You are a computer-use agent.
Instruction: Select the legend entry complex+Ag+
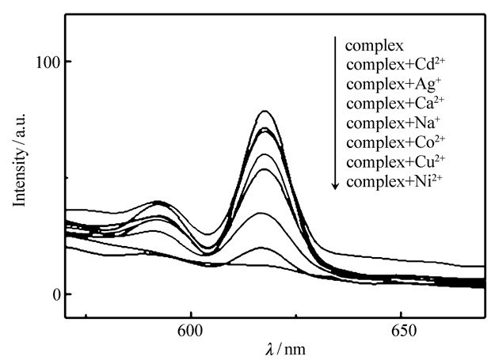[382, 85]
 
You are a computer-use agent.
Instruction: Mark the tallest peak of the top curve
[265, 111]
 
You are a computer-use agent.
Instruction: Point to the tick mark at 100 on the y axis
[67, 62]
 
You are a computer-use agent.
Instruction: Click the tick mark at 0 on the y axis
[67, 294]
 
